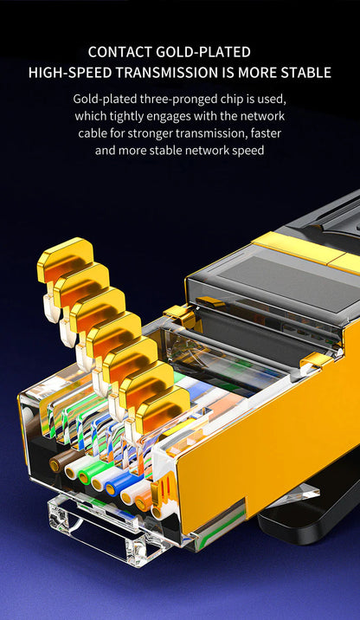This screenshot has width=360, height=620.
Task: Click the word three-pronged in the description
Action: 183,99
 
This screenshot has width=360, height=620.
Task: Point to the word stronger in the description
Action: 161,133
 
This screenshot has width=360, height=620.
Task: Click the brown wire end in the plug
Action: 60,464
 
